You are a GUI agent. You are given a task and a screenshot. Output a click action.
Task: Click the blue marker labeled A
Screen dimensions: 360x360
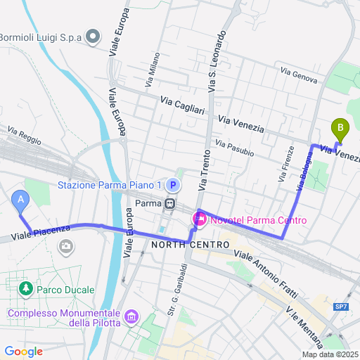click(21, 202)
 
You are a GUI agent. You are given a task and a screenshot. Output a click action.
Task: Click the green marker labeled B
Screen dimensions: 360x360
click(340, 129)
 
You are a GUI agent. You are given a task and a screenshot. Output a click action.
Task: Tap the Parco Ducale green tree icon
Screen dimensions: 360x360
click(27, 288)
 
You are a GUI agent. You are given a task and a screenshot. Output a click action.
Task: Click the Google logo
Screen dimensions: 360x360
click(23, 351)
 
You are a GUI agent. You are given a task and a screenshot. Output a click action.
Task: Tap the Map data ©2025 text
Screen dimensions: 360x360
click(330, 354)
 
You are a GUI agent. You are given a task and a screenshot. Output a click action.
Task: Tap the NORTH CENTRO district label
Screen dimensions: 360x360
click(190, 245)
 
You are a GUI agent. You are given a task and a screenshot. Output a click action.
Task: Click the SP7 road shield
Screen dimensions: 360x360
click(341, 307)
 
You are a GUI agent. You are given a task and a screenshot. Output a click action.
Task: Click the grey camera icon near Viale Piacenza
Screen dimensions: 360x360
click(66, 246)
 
